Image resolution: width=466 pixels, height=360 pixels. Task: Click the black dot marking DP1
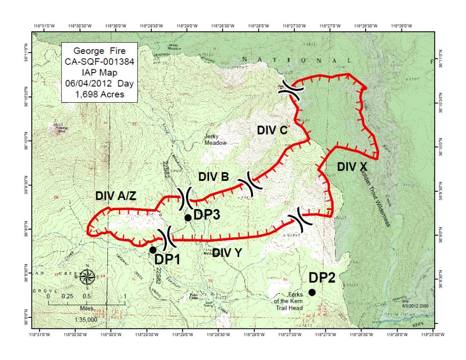tap(153, 250)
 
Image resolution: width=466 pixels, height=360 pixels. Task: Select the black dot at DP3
tap(188, 217)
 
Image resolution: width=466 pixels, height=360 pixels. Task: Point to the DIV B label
tap(213, 177)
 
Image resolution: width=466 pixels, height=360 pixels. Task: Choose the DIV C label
tap(272, 131)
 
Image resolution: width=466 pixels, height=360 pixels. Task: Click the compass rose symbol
tap(88, 277)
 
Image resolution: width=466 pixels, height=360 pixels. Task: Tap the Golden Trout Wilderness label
tap(375, 197)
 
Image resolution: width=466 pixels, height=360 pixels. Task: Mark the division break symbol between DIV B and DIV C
tap(248, 186)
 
